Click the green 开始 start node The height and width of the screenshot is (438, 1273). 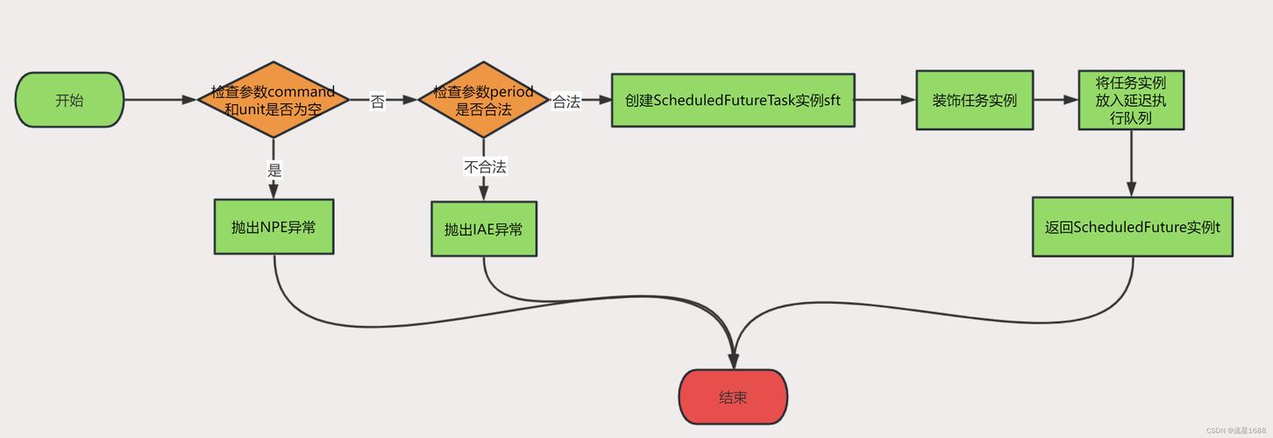[69, 100]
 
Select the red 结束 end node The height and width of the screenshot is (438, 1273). [733, 397]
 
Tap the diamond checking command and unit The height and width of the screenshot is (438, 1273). [274, 100]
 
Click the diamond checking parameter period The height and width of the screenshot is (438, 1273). [483, 100]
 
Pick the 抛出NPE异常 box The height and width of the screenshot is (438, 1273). [274, 227]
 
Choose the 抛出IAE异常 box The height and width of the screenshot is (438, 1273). [483, 230]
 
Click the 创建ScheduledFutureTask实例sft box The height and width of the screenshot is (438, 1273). [732, 101]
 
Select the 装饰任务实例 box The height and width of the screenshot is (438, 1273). [974, 100]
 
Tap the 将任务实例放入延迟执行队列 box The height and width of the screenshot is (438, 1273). [1131, 100]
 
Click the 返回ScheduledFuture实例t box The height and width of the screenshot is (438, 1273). [1132, 227]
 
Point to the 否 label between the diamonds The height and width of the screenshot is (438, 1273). [377, 102]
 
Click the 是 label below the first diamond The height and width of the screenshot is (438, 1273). [274, 170]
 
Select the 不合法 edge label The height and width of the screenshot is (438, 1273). [485, 166]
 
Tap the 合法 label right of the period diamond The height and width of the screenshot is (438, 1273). [566, 102]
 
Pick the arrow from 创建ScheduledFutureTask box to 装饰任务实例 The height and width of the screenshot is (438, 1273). [885, 100]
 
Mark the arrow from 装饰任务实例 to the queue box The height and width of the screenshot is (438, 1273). [1056, 100]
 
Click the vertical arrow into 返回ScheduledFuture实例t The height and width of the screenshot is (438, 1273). [1131, 163]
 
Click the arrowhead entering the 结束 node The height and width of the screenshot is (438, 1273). [733, 361]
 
